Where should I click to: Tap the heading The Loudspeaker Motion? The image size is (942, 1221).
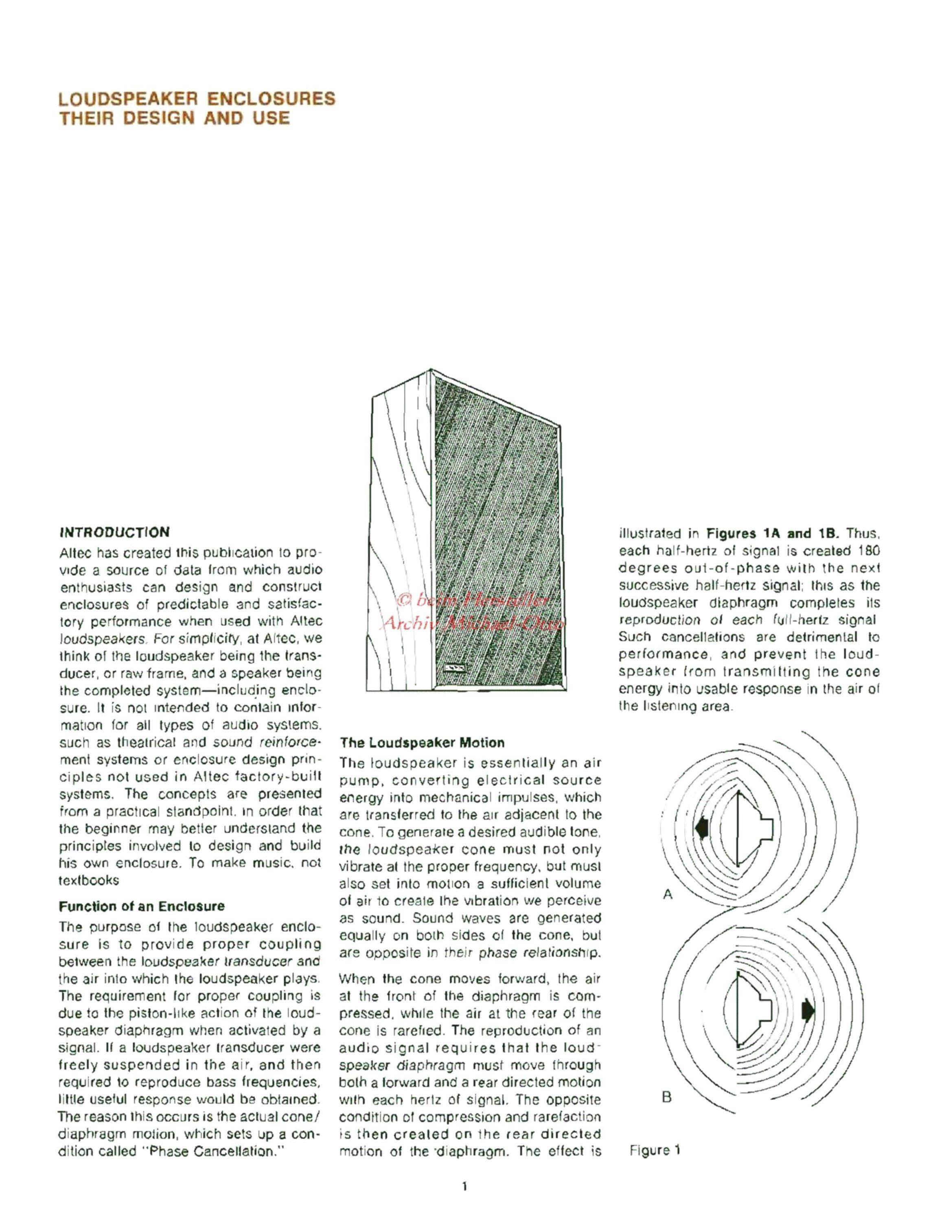[422, 743]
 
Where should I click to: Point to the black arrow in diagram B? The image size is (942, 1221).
[808, 1010]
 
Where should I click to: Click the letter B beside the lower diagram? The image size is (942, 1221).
[666, 1097]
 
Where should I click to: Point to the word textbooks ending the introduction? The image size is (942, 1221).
[90, 880]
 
